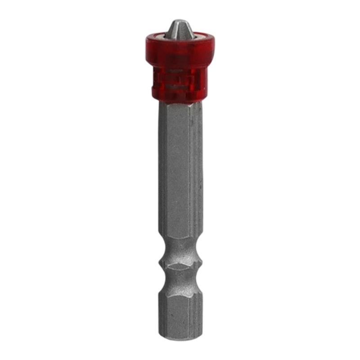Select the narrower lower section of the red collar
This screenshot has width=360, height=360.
pyautogui.click(x=180, y=83)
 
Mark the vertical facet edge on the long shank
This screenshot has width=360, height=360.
pyautogui.click(x=189, y=171)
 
